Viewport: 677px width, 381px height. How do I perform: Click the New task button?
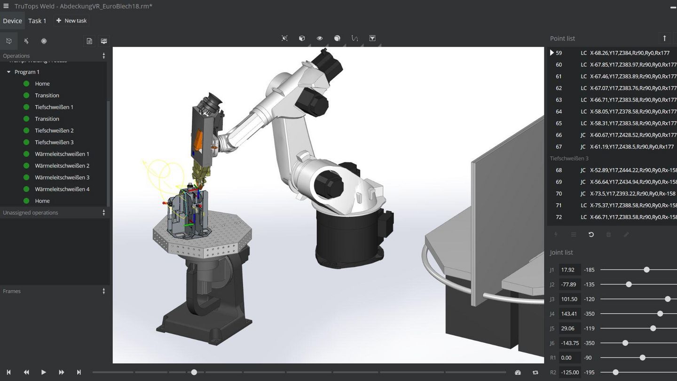click(x=71, y=21)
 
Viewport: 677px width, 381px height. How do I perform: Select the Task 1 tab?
click(x=37, y=21)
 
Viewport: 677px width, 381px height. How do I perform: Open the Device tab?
click(x=12, y=21)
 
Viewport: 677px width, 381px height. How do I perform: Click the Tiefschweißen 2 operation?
click(x=54, y=130)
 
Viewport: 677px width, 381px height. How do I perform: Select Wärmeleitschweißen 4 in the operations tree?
click(x=62, y=189)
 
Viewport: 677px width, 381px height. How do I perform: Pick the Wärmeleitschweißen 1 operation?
click(x=62, y=154)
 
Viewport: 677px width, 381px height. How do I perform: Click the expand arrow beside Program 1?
click(x=8, y=72)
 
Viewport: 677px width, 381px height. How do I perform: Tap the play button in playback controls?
click(x=43, y=372)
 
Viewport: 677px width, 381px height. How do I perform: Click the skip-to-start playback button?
click(x=8, y=372)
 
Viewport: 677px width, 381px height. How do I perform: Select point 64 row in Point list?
click(x=611, y=111)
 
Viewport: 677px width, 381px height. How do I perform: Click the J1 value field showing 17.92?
click(x=569, y=270)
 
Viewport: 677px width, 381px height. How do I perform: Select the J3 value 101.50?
click(x=569, y=299)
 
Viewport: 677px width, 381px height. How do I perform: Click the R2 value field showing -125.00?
click(x=570, y=372)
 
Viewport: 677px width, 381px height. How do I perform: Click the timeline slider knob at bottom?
click(x=194, y=372)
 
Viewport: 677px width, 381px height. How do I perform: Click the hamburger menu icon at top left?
click(x=6, y=6)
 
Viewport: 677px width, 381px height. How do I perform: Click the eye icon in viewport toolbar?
click(x=320, y=38)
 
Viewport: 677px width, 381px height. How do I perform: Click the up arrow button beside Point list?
click(x=664, y=38)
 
